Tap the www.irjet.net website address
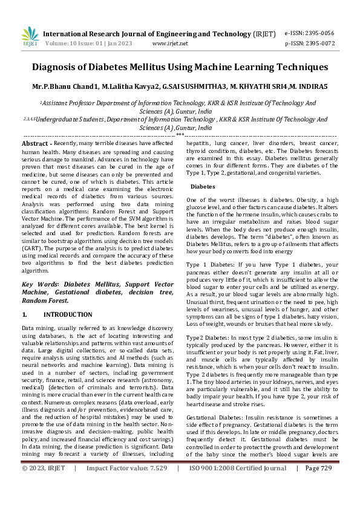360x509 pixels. click(170, 44)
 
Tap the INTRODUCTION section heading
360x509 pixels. click(68, 315)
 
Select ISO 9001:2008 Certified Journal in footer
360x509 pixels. click(238, 502)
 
